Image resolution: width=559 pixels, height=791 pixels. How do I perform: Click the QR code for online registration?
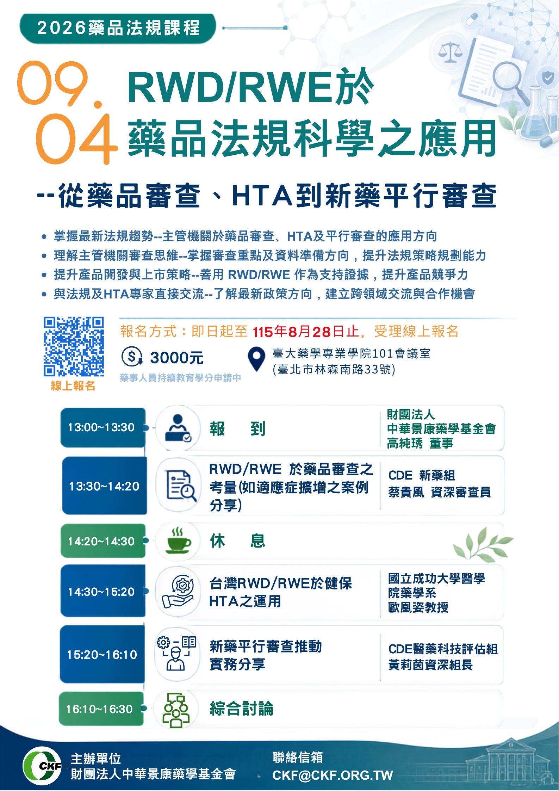(74, 346)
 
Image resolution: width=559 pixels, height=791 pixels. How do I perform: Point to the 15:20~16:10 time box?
(102, 654)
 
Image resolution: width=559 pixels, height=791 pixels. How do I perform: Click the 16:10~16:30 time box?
(101, 709)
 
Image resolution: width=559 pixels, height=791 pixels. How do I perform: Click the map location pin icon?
(256, 359)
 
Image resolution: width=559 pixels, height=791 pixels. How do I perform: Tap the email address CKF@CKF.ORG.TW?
(333, 775)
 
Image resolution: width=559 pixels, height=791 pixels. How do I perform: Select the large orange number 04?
(76, 139)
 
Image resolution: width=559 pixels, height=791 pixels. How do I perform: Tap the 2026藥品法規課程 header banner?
(118, 29)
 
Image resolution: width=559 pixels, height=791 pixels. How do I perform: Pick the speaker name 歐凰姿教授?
(418, 607)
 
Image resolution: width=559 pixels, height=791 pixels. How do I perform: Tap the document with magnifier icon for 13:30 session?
(181, 486)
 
